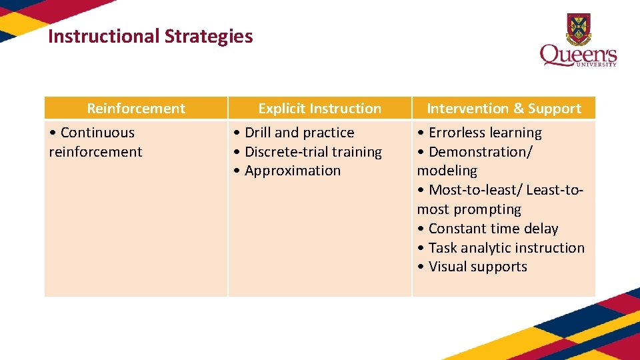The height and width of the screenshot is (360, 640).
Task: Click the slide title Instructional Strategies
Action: point(150,36)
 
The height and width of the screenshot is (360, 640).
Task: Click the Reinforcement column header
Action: point(136,109)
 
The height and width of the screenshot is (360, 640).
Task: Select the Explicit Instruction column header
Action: point(319,109)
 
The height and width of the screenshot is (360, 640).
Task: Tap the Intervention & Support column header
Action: point(503,109)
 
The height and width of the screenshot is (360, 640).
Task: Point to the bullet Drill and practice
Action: point(299,133)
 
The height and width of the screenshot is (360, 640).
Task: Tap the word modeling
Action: point(447,171)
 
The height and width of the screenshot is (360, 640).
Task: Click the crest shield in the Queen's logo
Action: point(578,29)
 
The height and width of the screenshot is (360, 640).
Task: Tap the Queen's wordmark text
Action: point(577,55)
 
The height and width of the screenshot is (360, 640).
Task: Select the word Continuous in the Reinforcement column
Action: point(97,133)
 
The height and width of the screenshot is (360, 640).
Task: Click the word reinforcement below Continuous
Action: point(95,152)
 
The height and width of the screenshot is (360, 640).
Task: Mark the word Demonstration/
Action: point(480,152)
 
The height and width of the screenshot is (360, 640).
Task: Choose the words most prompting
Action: point(469,209)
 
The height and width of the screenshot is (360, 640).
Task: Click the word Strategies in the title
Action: point(211,36)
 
